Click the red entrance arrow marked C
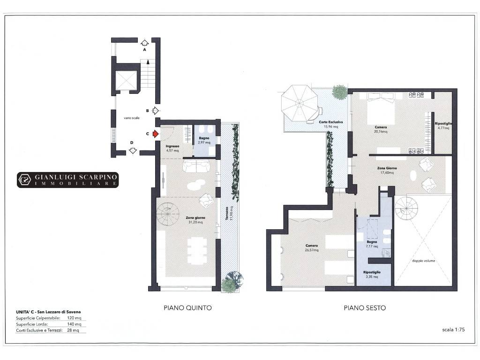(156, 134)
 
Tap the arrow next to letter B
(156, 111)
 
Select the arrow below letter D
(133, 150)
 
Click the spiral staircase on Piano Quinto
(168, 214)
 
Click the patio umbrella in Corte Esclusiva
(300, 103)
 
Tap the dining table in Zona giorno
(197, 251)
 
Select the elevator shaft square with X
(126, 80)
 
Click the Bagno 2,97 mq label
(204, 141)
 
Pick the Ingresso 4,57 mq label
(172, 149)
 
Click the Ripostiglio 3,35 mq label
(372, 274)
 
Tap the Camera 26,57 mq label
(312, 247)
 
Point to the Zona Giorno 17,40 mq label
(387, 170)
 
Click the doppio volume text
(423, 261)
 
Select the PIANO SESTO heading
(365, 308)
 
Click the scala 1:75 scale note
(453, 330)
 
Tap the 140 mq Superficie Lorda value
(74, 324)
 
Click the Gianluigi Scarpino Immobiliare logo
(67, 180)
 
